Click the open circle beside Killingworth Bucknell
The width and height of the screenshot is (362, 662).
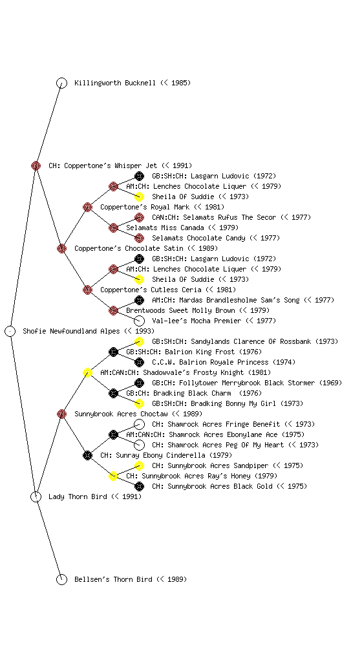[61, 83]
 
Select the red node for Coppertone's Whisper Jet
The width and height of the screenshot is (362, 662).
[36, 165]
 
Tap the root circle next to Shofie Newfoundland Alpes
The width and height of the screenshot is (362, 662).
[10, 331]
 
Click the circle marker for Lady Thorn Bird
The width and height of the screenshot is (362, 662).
[36, 496]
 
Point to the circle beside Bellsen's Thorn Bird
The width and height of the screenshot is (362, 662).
[61, 579]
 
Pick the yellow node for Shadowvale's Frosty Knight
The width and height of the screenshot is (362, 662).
[87, 372]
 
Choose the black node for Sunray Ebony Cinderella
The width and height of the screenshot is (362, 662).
[87, 455]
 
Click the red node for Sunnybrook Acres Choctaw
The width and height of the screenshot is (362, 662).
[61, 414]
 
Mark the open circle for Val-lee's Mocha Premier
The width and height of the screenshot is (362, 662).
[139, 321]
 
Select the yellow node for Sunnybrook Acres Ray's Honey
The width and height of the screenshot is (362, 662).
[113, 476]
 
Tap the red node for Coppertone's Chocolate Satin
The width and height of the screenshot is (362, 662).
[61, 248]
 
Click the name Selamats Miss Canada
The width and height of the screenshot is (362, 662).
[165, 228]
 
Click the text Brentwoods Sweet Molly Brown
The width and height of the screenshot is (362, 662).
[180, 310]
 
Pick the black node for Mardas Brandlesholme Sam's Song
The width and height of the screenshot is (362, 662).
[139, 300]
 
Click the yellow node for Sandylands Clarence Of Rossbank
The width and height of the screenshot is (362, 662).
[139, 341]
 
